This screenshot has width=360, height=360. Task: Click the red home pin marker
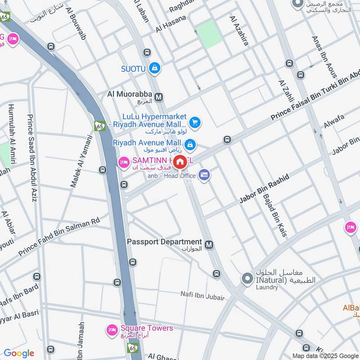(x=180, y=162)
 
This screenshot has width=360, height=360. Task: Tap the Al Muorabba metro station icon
(x=158, y=96)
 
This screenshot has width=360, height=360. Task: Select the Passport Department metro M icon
(x=208, y=245)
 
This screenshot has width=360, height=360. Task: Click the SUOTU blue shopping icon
(x=155, y=68)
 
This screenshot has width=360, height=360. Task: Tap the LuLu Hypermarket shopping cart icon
(x=194, y=122)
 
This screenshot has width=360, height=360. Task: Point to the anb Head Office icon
(x=204, y=175)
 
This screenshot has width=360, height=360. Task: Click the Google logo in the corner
(x=19, y=353)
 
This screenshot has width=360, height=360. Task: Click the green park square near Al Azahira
(x=209, y=34)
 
